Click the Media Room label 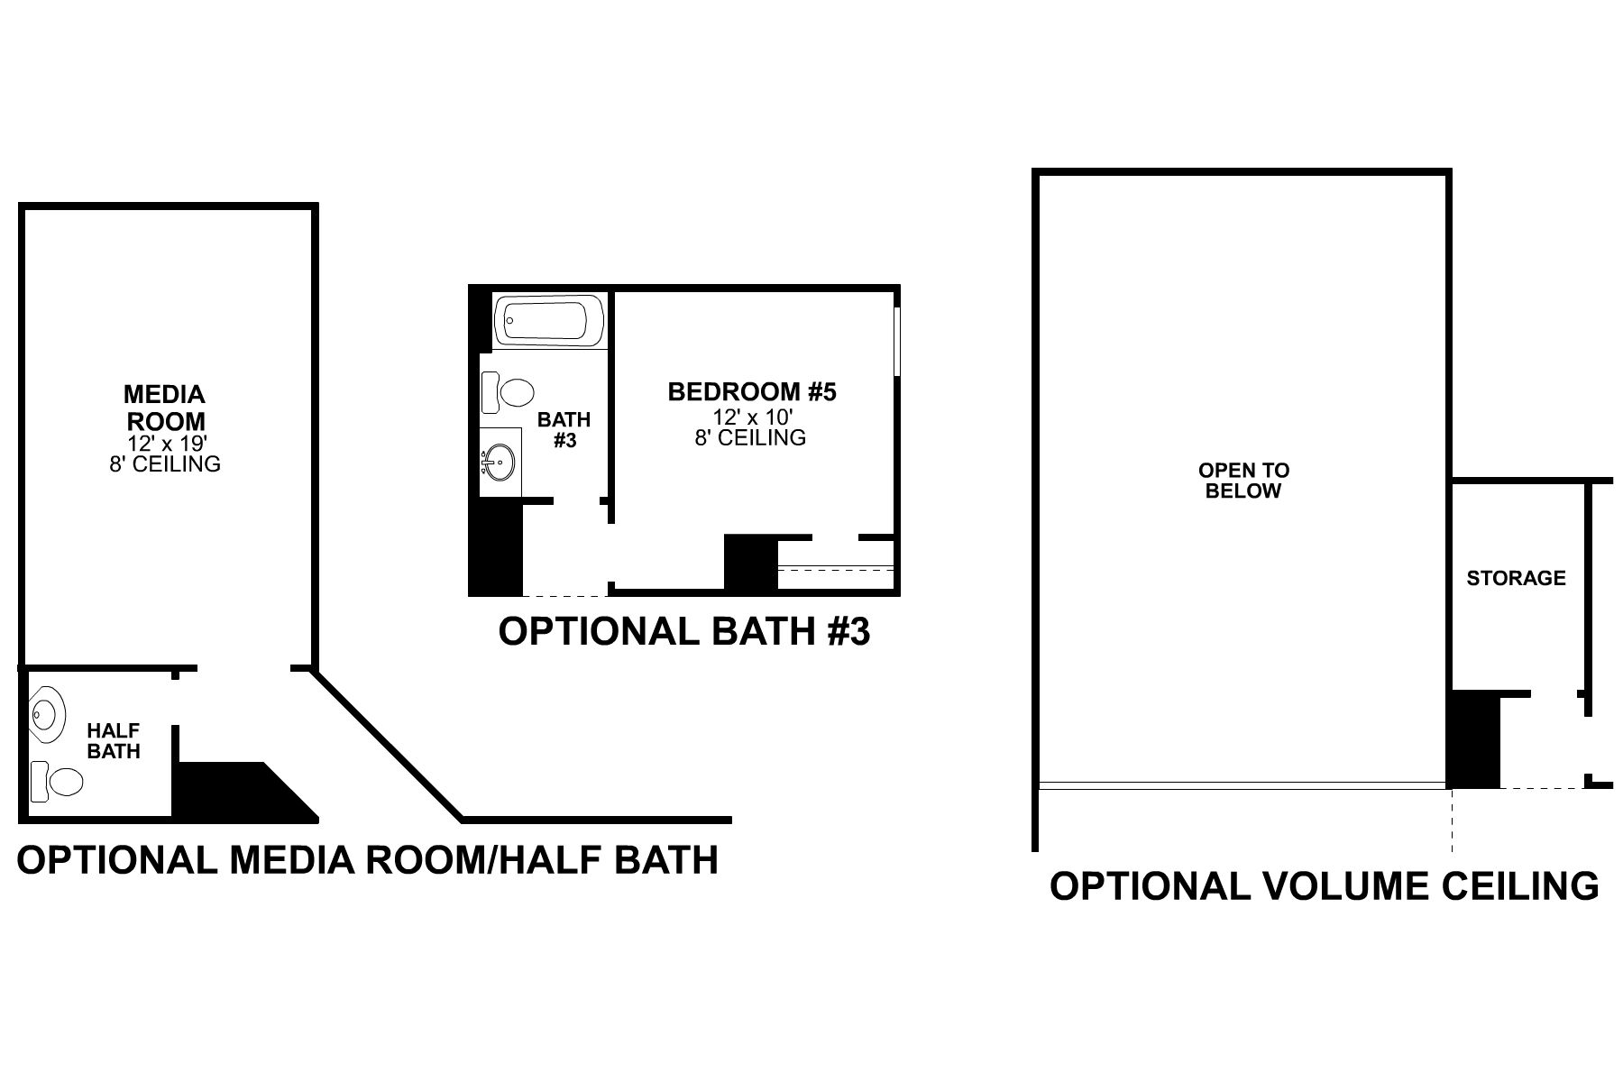point(165,408)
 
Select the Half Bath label point(114,740)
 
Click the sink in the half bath point(48,716)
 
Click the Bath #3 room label point(564,429)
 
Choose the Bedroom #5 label point(752,392)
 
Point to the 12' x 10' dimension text point(752,417)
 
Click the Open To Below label point(1243,481)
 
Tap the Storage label point(1516,578)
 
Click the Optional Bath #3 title point(684,631)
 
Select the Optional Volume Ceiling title point(1324,885)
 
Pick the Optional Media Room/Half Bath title point(368,859)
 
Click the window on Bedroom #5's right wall point(897,341)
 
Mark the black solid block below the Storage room point(1473,740)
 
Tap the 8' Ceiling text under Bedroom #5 point(750,438)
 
